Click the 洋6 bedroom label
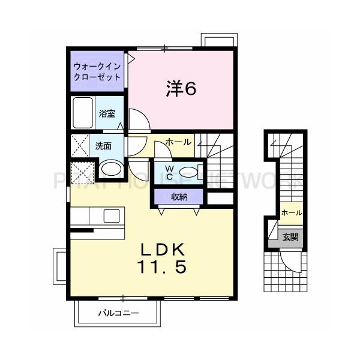tap(181, 89)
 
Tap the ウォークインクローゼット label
tap(97, 71)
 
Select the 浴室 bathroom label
tap(107, 113)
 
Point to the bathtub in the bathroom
tap(83, 112)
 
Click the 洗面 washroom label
tap(103, 146)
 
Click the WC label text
tap(169, 172)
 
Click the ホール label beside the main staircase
tap(178, 142)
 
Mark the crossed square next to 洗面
tap(80, 146)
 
